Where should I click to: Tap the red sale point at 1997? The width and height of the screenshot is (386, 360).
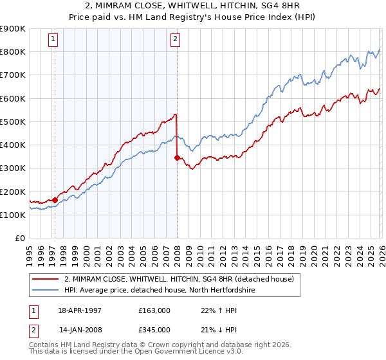tap(55, 200)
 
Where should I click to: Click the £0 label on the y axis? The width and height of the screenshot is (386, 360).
tap(20, 238)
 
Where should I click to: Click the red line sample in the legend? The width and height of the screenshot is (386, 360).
tap(46, 279)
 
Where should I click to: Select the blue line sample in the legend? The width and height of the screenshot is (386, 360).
tap(46, 290)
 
